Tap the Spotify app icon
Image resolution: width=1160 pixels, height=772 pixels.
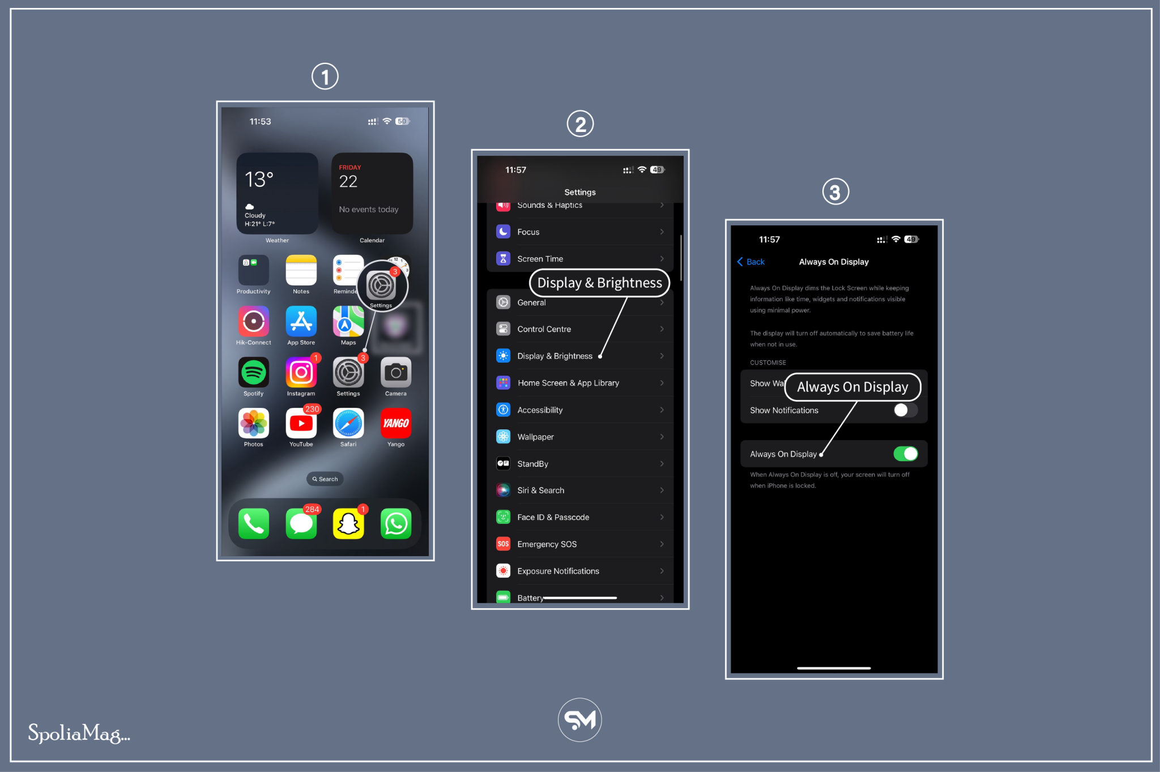253,373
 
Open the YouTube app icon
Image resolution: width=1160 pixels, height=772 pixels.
301,424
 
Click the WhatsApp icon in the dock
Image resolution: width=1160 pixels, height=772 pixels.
395,524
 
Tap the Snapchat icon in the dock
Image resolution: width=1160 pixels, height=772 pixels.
348,524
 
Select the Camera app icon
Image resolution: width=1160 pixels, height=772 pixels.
395,373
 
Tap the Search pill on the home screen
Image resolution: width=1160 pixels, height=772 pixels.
325,479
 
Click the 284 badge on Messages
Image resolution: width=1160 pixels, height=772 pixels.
312,509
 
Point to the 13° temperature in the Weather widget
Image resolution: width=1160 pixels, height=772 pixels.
259,180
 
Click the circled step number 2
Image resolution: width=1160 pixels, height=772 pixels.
580,124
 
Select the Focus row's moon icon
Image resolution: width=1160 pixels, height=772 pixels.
503,232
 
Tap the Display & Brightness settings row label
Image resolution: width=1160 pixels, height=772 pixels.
555,356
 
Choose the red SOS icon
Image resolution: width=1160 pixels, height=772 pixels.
503,544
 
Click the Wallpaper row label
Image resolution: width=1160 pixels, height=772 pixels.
535,437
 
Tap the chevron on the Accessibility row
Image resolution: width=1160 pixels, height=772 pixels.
662,410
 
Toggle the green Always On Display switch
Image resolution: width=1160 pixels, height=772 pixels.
905,454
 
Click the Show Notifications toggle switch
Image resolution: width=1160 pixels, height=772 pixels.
905,410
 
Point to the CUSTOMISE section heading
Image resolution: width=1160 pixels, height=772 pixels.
767,362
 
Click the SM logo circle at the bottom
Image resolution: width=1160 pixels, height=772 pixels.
579,720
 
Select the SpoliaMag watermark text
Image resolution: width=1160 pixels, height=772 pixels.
79,733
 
